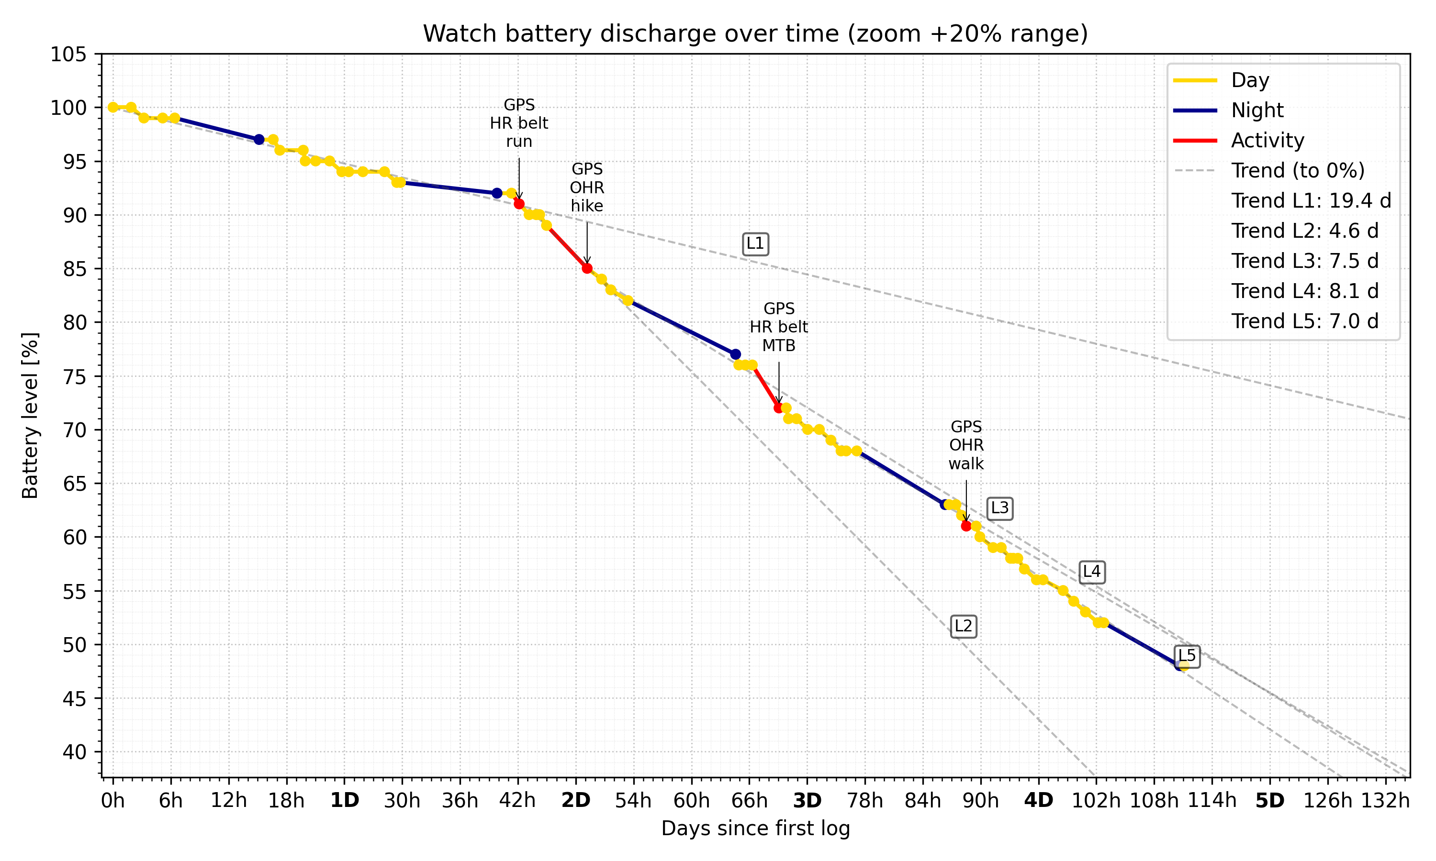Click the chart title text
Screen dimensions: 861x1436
(x=754, y=33)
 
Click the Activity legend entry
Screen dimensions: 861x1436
(x=1267, y=141)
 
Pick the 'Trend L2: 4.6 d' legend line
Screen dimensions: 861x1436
(x=1304, y=231)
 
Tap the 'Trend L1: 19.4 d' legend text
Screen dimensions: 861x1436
(x=1311, y=201)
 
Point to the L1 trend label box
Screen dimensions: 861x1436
(x=755, y=243)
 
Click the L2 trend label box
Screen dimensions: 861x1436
(x=963, y=626)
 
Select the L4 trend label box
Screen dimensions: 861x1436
(x=1091, y=572)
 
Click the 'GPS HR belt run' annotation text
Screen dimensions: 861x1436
(x=519, y=123)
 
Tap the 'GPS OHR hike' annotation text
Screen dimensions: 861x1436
(x=587, y=188)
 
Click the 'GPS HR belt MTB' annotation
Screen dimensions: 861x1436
(x=778, y=327)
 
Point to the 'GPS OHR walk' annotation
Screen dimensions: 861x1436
(x=966, y=445)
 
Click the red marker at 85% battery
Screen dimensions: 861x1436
(x=587, y=268)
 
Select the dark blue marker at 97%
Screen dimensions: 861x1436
(x=259, y=140)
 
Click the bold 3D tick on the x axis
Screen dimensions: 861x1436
(x=807, y=801)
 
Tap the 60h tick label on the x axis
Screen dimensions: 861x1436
(x=691, y=801)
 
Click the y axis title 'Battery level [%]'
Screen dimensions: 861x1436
(x=30, y=415)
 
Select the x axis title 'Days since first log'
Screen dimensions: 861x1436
(x=755, y=828)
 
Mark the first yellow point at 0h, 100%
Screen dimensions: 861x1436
(x=113, y=107)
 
